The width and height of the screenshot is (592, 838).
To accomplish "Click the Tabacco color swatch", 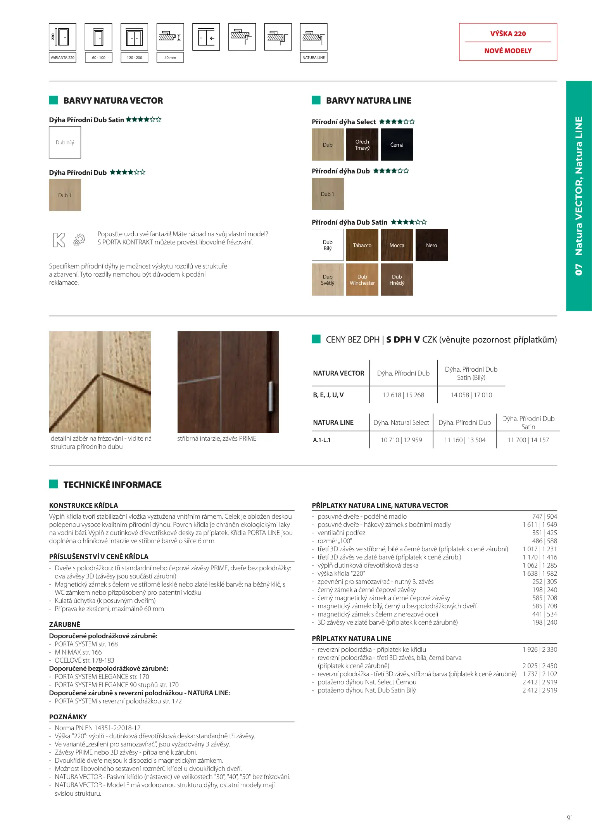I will pos(362,245).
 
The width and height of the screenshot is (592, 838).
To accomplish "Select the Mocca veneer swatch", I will pos(397,245).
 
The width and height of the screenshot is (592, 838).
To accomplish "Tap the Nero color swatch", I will pos(431,245).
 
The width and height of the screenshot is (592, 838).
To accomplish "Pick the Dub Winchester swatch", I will pos(362,279).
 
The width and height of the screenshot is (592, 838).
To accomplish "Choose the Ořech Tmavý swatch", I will pos(362,145).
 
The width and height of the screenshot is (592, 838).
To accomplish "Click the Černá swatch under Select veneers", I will pos(397,145).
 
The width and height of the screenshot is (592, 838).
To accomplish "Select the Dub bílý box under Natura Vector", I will pos(65,142).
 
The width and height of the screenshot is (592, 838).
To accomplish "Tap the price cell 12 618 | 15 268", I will pos(403,395).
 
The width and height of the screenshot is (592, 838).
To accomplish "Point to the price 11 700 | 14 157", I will pos(528,440).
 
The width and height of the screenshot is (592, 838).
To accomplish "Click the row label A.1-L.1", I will pos(322,440).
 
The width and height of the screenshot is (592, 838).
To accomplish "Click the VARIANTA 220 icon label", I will pos(62,57).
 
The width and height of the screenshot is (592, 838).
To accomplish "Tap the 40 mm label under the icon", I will pos(170,57).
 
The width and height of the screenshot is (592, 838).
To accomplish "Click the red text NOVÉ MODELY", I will pos(508,51).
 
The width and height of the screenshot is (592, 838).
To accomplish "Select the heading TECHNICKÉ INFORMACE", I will pos(112,485).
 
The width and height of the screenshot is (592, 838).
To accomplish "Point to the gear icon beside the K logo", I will pos(79,240).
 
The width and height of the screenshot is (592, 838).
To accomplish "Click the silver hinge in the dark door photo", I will pos(270,396).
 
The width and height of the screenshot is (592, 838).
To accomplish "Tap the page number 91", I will pos(570,818).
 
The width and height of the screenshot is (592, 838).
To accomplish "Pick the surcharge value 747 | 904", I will pos(544,516).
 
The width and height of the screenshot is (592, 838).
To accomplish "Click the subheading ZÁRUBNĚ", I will pos(65,624).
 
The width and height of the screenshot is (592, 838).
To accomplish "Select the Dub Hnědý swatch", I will pos(397,279).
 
